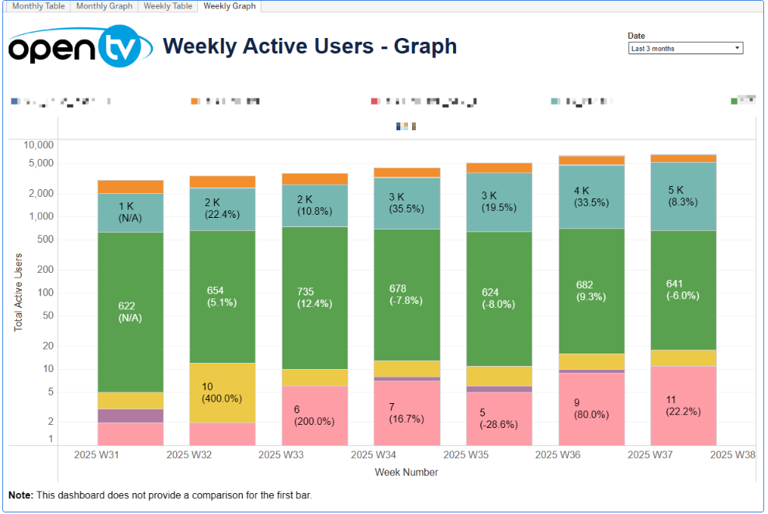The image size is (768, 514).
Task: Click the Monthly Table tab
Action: coord(38,6)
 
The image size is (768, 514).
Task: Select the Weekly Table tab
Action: coord(168,6)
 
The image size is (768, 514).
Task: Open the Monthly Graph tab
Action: coord(104,6)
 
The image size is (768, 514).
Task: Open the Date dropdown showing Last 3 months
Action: coord(685,48)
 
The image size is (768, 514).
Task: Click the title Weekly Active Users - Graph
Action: coord(310,47)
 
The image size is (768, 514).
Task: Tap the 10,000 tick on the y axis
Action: coord(37,145)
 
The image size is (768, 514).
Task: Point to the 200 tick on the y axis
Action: coord(43,270)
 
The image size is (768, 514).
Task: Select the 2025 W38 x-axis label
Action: coord(732,455)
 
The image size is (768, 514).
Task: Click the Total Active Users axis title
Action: coord(19,292)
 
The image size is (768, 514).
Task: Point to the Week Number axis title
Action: coord(406,472)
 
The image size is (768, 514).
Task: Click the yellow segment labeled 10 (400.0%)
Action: coord(221,393)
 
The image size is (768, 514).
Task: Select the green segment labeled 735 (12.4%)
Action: coord(314,298)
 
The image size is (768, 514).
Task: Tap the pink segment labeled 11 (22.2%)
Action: coord(683,405)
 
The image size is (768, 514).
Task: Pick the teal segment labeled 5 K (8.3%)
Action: coord(683,196)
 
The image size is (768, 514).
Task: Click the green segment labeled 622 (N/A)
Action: coord(130,312)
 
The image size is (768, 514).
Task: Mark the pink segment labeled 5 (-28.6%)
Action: coord(499,419)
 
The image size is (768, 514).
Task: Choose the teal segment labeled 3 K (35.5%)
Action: coord(406,203)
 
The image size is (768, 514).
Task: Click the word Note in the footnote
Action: coord(20,495)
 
